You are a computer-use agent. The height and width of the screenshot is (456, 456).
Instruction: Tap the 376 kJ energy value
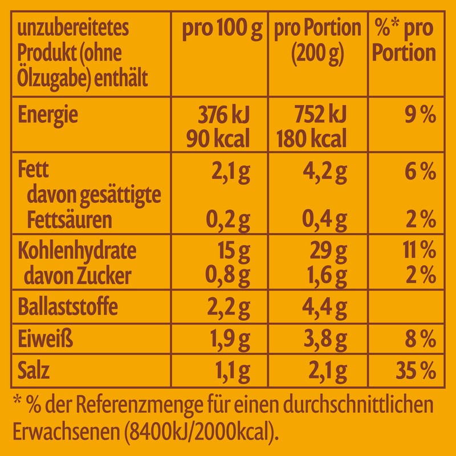(224, 116)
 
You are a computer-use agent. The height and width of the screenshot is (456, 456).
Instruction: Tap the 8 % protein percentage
(421, 340)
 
